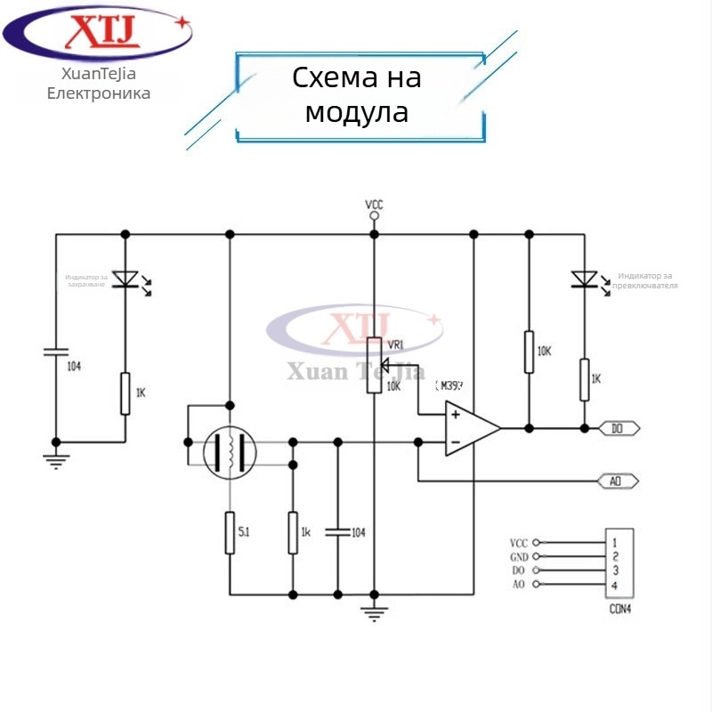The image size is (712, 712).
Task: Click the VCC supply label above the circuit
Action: point(374,205)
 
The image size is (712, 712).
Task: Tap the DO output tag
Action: point(618,428)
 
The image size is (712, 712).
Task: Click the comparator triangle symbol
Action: point(471,428)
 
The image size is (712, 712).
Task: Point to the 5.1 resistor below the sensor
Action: point(230,532)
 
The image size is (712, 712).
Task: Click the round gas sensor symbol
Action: point(230,452)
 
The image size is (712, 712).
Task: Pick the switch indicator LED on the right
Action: point(584,279)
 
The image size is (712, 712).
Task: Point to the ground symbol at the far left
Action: point(55,460)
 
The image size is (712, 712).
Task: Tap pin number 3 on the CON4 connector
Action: point(615,570)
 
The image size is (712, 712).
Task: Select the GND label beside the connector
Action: point(519,556)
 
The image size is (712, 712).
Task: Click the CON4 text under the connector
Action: point(620,611)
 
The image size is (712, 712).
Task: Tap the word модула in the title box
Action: point(356,113)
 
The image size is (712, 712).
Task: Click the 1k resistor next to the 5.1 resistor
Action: point(292,532)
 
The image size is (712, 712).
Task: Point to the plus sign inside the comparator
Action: point(455,414)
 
